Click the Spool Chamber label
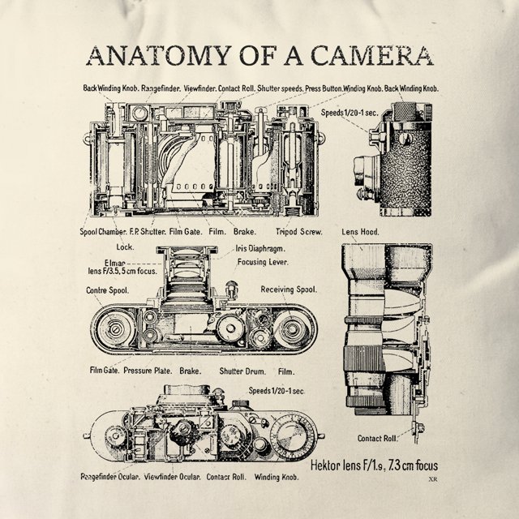coord(103,231)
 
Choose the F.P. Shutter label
coord(148,231)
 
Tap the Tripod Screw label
coord(299,231)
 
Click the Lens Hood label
coord(359,232)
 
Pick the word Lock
coord(124,247)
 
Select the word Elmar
coord(115,262)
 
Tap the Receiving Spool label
coord(289,290)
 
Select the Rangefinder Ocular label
coord(109,477)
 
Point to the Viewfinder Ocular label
coord(172,477)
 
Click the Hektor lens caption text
coord(375,465)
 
